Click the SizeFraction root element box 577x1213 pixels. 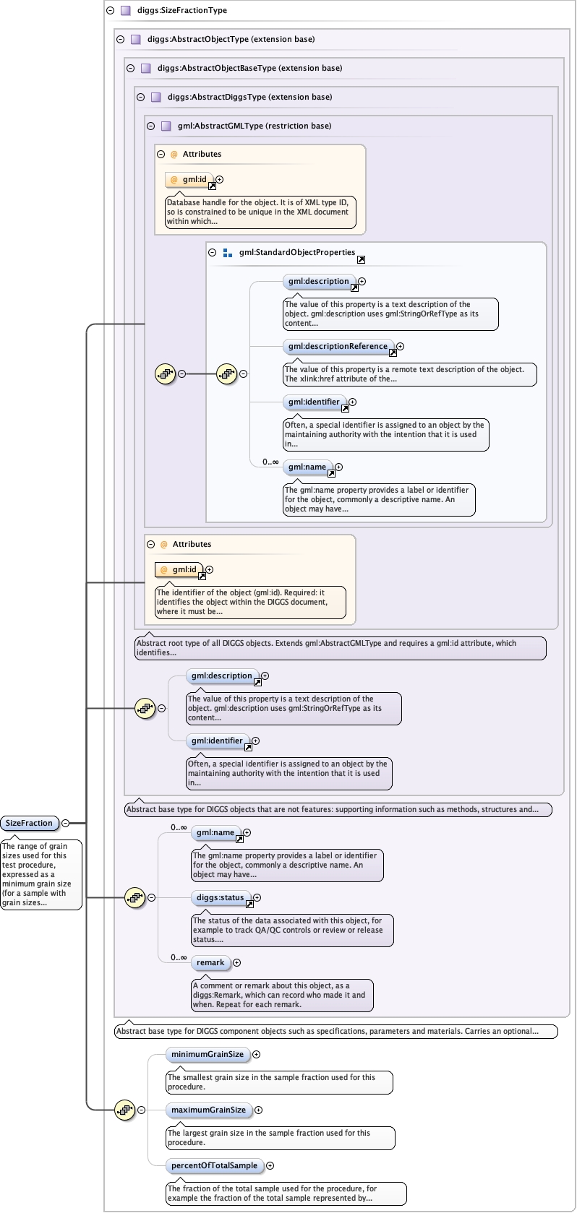[29, 823]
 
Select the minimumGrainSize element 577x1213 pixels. [208, 1054]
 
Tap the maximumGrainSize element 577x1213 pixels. [208, 1110]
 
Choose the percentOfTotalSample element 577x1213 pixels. [215, 1165]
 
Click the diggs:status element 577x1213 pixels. [221, 897]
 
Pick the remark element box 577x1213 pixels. [210, 962]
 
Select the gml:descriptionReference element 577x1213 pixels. [338, 347]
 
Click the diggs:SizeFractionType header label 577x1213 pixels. [182, 10]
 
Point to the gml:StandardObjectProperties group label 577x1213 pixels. [297, 252]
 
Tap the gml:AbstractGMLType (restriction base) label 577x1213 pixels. [255, 126]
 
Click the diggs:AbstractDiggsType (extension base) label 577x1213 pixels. [249, 97]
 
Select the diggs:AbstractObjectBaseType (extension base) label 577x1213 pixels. [249, 68]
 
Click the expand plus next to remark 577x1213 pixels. [236, 962]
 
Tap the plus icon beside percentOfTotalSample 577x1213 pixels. [270, 1165]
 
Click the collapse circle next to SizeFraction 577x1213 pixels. [66, 823]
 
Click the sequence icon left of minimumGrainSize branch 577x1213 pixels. [124, 1110]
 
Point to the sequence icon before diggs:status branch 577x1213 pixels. [135, 897]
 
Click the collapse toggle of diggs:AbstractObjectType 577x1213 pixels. [120, 40]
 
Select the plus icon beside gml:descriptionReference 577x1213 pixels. [401, 347]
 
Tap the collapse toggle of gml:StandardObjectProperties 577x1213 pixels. [213, 252]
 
